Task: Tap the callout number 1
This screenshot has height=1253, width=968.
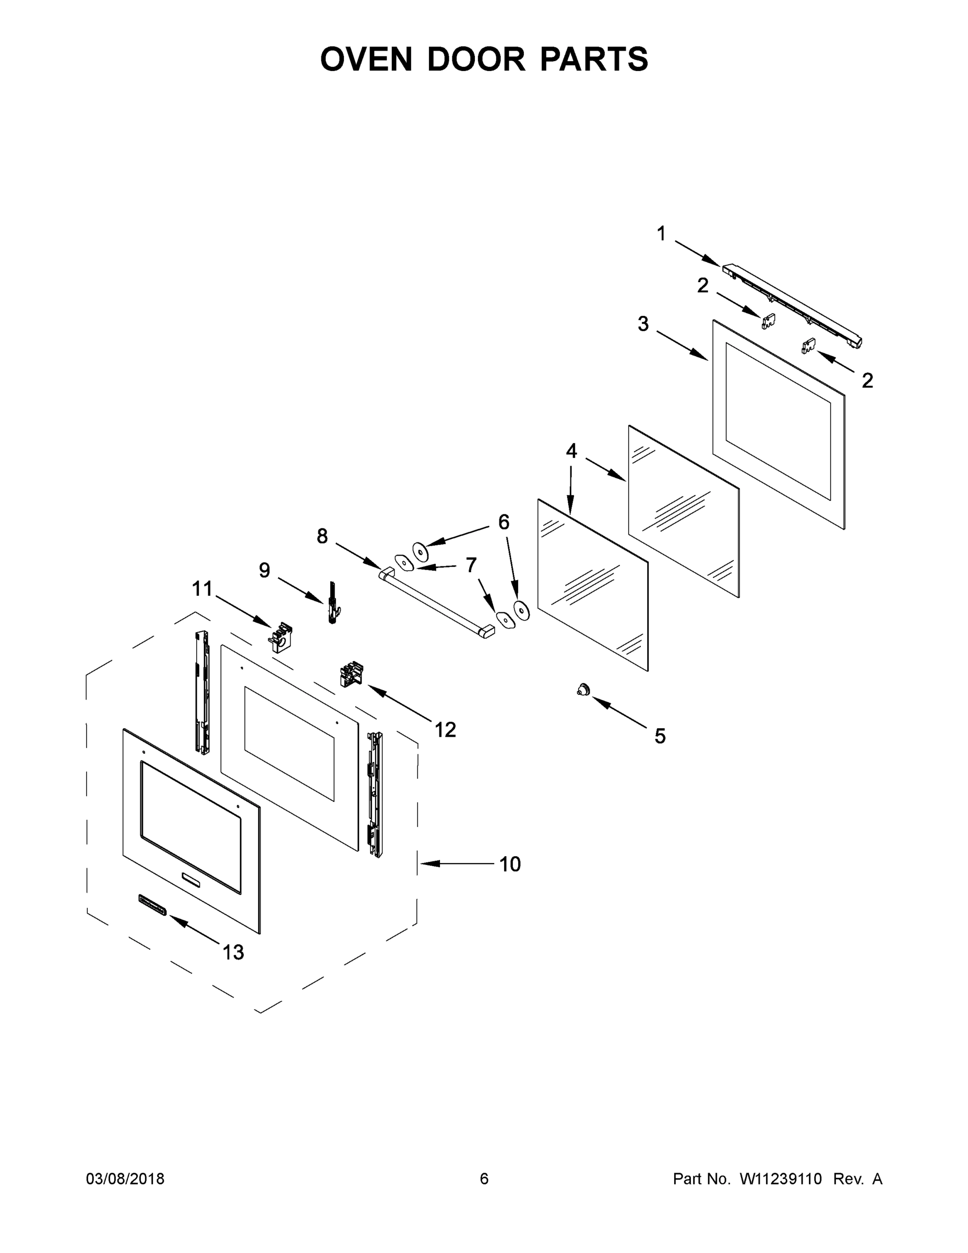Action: pyautogui.click(x=661, y=233)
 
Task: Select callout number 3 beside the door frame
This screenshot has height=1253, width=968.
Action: pyautogui.click(x=643, y=324)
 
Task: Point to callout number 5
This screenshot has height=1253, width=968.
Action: pyautogui.click(x=660, y=736)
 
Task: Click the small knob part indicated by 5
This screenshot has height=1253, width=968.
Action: pyautogui.click(x=583, y=690)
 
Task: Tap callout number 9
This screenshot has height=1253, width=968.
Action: pyautogui.click(x=265, y=570)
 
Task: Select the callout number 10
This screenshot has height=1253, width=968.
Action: pyautogui.click(x=510, y=864)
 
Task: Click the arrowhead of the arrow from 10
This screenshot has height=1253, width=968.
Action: pyautogui.click(x=424, y=864)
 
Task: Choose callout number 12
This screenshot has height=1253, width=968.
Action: pyautogui.click(x=445, y=730)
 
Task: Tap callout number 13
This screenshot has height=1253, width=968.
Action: pyautogui.click(x=233, y=952)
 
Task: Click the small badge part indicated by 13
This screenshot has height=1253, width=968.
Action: pyautogui.click(x=152, y=905)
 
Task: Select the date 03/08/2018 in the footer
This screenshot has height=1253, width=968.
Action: pyautogui.click(x=125, y=1178)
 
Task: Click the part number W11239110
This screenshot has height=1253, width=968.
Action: pyautogui.click(x=781, y=1178)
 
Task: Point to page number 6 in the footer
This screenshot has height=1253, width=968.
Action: pyautogui.click(x=484, y=1178)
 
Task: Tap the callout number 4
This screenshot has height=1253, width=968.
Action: pyautogui.click(x=571, y=451)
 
